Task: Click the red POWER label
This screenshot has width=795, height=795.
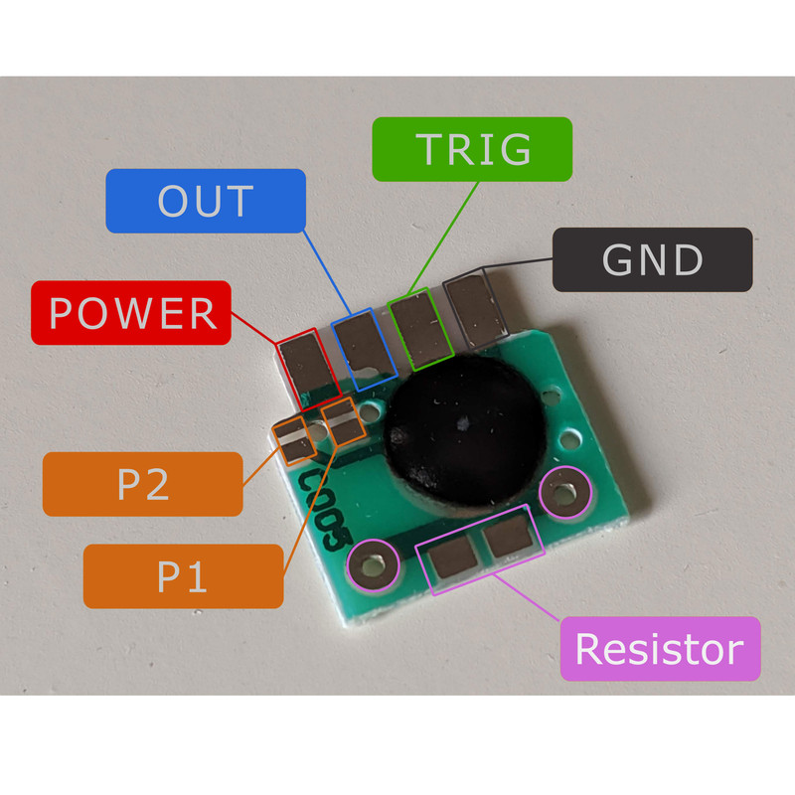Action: (131, 313)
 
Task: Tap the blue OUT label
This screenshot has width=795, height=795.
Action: (205, 201)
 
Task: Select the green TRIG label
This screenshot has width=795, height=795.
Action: (472, 149)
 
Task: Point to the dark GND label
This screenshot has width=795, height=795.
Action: (652, 259)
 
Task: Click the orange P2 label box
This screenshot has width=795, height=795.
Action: (142, 484)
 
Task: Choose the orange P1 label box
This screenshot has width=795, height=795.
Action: (183, 575)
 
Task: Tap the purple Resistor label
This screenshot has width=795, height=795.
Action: (659, 649)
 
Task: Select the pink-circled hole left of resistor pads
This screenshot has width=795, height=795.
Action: (373, 565)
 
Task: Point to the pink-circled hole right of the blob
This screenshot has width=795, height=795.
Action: (563, 492)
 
